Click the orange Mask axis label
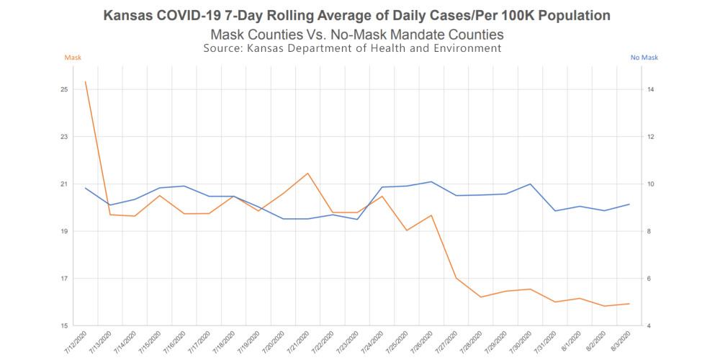[x=73, y=57]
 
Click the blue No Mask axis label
[x=644, y=57]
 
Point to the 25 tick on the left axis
[x=64, y=89]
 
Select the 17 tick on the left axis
[x=64, y=279]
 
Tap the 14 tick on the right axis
[x=650, y=89]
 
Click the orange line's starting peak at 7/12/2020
[x=86, y=81]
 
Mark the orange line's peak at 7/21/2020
[x=308, y=173]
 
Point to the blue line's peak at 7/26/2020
[x=431, y=181]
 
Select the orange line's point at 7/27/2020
[x=456, y=278]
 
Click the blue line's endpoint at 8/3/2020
[x=629, y=204]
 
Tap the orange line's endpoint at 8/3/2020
[x=629, y=304]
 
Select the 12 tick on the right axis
[x=650, y=137]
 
